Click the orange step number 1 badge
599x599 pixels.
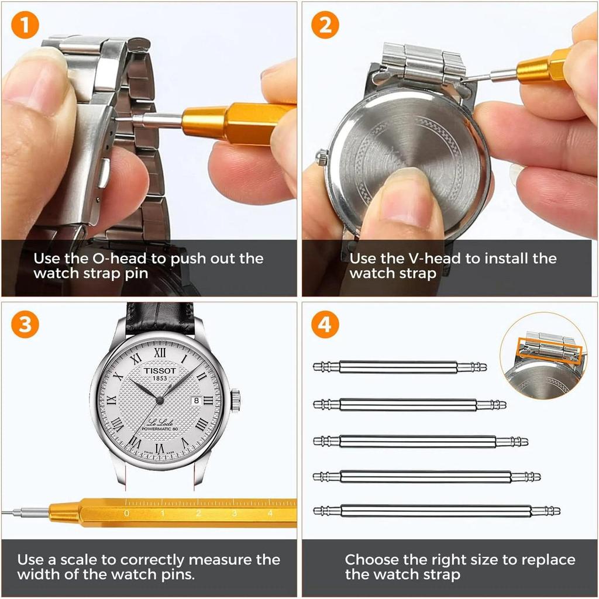25,26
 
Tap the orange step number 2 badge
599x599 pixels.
325,26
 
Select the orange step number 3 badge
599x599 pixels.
25,325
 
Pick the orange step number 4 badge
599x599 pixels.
325,325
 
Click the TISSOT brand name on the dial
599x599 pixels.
160,370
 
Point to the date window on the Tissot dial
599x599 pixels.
196,400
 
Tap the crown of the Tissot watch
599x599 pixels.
235,401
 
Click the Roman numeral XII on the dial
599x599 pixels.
160,353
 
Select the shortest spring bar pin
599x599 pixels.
400,367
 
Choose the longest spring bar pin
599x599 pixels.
436,511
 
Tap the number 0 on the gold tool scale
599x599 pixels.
126,514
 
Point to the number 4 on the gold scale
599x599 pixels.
270,514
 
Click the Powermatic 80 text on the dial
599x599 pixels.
159,431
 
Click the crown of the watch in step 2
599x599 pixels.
322,157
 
